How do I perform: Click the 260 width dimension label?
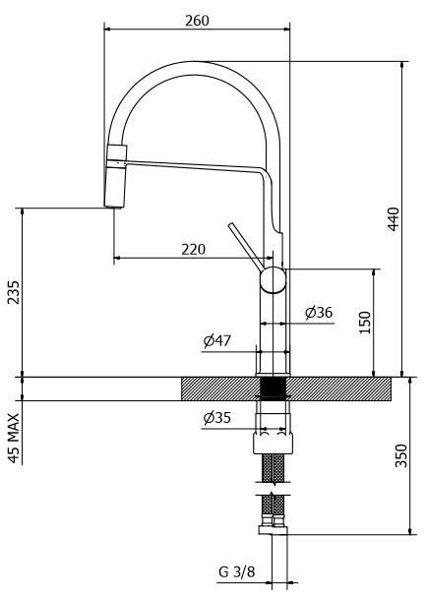tap(198, 21)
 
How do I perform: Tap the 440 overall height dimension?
tap(394, 218)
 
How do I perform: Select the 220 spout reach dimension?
tap(193, 250)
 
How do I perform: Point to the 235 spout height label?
tap(14, 292)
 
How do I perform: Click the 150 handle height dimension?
tap(365, 323)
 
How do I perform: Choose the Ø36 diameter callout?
tap(319, 313)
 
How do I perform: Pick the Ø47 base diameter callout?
tap(217, 340)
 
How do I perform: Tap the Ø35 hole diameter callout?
tap(217, 418)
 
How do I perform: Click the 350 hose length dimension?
tap(401, 455)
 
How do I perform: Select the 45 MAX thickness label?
tap(14, 439)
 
